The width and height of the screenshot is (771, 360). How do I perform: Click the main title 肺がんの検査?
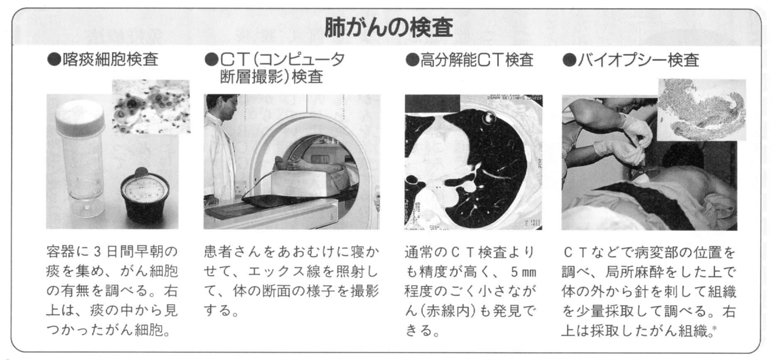coord(388,27)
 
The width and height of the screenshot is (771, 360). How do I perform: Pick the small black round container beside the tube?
coord(144,198)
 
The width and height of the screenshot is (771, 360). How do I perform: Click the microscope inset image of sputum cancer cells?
coord(151,107)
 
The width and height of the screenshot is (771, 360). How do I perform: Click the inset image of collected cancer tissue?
coord(702,110)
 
